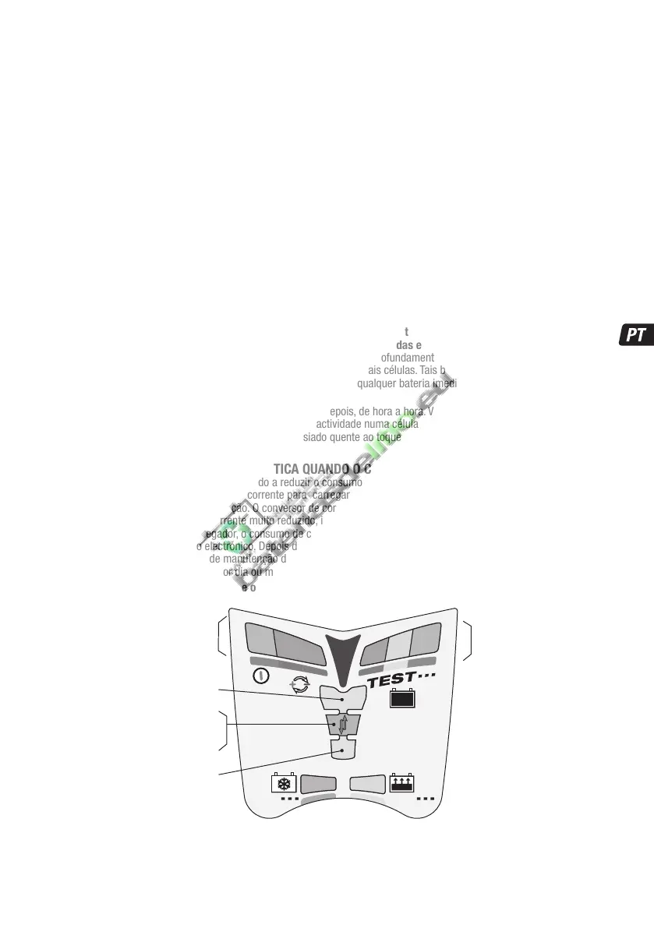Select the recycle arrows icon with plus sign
tap(299, 684)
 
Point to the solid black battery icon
tap(402, 699)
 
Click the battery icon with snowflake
tap(281, 783)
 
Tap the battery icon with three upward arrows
tap(400, 783)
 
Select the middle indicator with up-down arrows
tap(341, 726)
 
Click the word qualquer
tap(375, 383)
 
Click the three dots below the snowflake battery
tap(289, 799)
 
